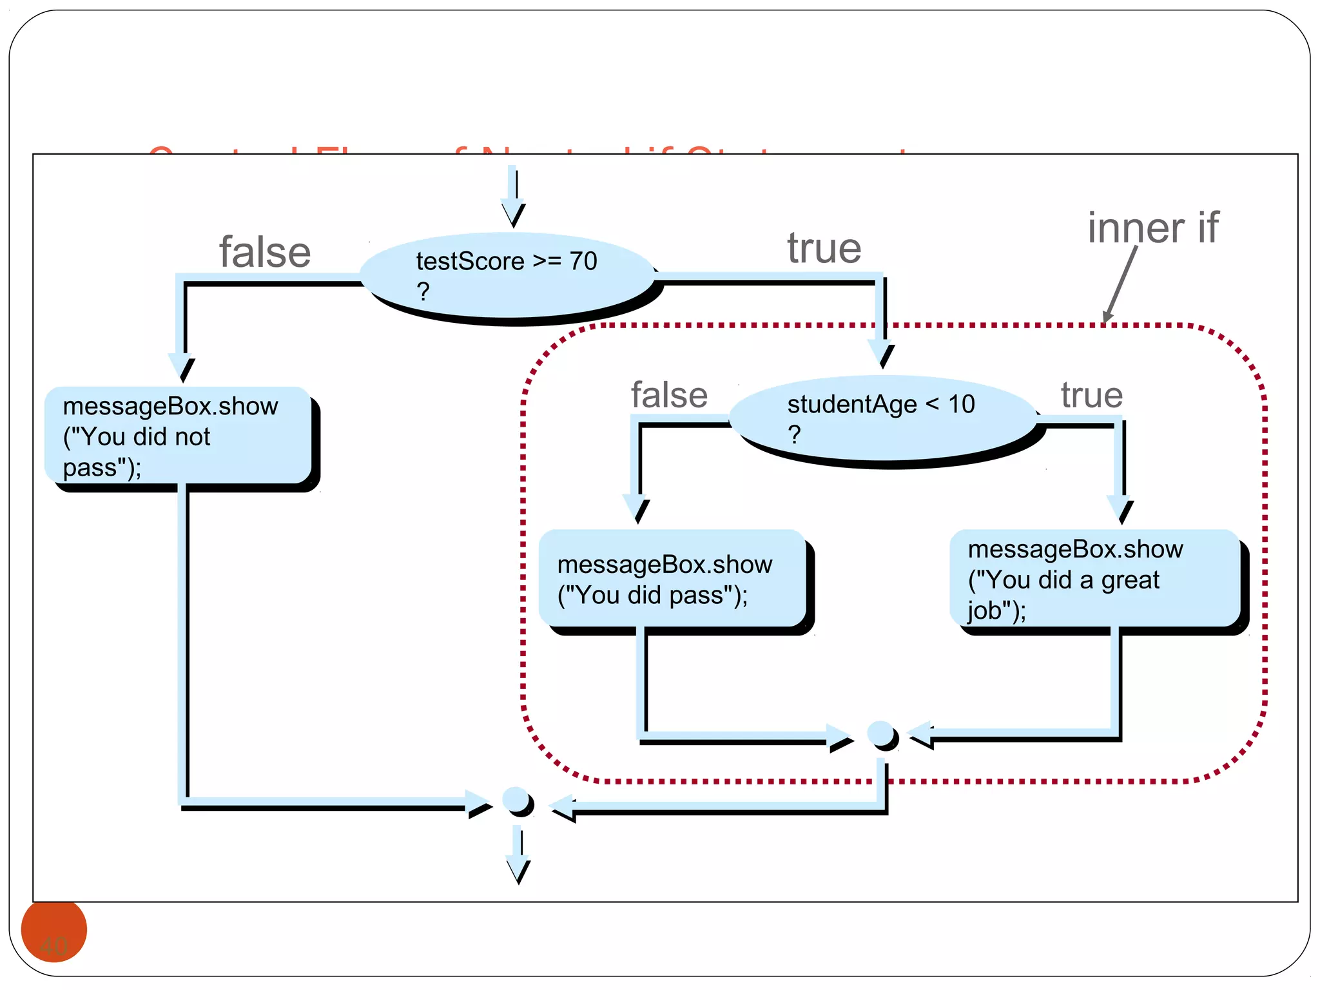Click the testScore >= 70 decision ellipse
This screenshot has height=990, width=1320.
[x=508, y=275]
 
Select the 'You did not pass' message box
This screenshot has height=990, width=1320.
[x=178, y=436]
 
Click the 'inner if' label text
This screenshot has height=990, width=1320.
[x=1152, y=228]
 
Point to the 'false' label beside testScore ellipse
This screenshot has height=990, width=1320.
[x=265, y=252]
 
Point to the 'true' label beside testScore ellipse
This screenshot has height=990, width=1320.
[x=824, y=248]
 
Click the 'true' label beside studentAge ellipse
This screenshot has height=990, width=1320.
[x=1091, y=395]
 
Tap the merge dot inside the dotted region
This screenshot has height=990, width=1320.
[x=881, y=734]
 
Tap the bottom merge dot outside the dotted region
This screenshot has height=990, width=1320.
[x=517, y=801]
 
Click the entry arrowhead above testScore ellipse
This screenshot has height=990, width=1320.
[x=513, y=213]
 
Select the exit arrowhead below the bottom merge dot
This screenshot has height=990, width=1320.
[x=518, y=869]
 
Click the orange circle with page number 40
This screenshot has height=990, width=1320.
[x=54, y=931]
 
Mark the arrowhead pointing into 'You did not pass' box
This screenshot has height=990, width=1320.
[x=182, y=368]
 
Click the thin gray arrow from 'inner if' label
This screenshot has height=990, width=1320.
[x=1120, y=284]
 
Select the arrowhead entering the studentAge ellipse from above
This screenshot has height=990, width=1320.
[x=881, y=354]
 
